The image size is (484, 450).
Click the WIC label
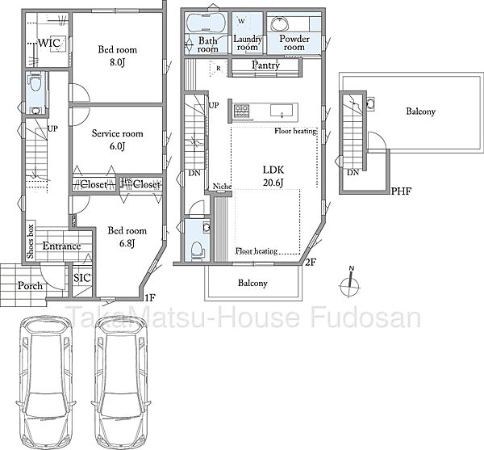[49, 43]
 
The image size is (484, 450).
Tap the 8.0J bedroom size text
[117, 63]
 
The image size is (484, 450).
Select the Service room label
[117, 133]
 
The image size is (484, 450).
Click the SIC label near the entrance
[82, 278]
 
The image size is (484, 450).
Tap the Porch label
[30, 285]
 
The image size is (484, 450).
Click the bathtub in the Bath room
[207, 23]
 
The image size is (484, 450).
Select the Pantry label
[265, 65]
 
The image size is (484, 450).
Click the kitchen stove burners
[241, 111]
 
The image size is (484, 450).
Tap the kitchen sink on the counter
[282, 111]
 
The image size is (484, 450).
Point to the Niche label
[223, 187]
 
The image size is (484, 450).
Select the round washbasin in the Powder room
[280, 24]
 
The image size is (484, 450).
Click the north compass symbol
[350, 284]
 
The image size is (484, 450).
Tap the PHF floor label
[401, 191]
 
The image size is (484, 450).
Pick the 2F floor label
[311, 263]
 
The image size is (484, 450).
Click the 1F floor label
[150, 298]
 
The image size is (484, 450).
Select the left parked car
[46, 382]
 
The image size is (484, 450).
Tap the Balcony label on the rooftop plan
[421, 111]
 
